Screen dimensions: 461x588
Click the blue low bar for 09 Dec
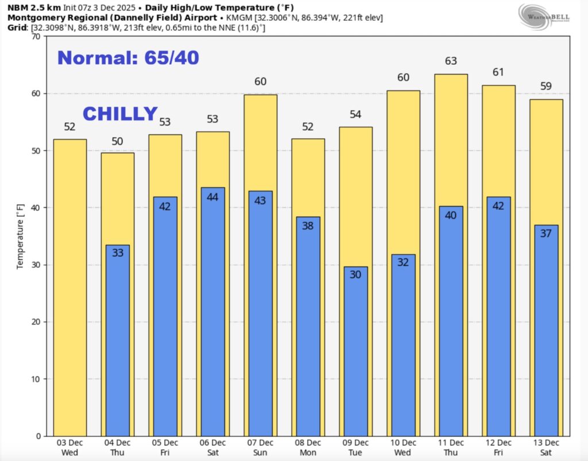(x=355, y=351)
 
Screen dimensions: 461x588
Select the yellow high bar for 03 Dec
(x=69, y=287)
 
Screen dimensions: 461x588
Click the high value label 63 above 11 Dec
(x=451, y=61)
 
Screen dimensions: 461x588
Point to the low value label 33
(x=117, y=252)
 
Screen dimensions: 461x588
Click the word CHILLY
(x=120, y=114)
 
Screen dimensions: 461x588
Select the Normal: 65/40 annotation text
(x=128, y=57)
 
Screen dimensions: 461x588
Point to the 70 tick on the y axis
(x=36, y=37)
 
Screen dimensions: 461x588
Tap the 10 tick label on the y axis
(x=36, y=379)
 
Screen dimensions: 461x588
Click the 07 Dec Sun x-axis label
(x=260, y=447)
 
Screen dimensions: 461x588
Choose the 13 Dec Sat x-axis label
(x=546, y=447)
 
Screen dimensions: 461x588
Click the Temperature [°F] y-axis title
(x=20, y=236)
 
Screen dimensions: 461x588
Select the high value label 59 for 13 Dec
(x=546, y=87)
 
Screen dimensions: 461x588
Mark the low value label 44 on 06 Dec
(x=212, y=197)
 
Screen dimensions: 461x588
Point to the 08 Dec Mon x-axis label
(x=308, y=447)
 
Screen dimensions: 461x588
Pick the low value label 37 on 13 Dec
(x=546, y=233)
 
